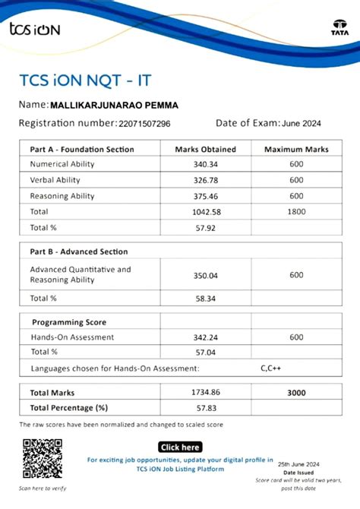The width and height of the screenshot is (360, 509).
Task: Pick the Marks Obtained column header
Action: coord(205,150)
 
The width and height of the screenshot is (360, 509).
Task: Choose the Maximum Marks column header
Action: coord(295,150)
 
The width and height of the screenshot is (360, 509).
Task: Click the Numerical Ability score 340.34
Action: coord(205,164)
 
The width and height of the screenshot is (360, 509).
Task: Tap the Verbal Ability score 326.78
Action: coord(205,180)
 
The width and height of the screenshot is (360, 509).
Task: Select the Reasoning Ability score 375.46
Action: coord(205,196)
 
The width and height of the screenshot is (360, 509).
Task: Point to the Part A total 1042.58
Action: coord(205,211)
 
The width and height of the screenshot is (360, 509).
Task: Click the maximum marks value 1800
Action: coord(295,211)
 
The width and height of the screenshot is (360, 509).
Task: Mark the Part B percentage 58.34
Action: coord(205,299)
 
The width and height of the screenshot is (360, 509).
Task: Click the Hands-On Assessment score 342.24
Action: coord(205,337)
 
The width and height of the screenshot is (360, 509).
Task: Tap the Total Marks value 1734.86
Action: coord(205,393)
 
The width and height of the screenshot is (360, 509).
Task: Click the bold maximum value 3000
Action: coord(295,393)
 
